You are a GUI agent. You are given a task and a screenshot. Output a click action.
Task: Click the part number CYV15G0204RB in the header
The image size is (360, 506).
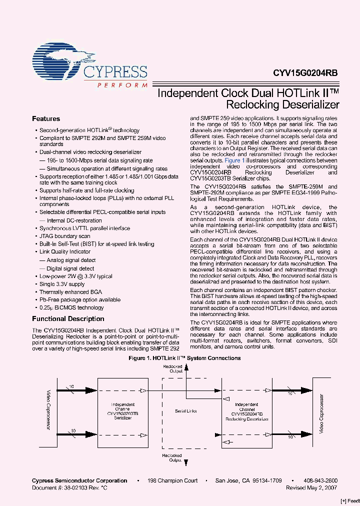click(305, 72)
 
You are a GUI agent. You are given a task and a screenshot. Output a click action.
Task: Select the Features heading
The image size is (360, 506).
click(46, 119)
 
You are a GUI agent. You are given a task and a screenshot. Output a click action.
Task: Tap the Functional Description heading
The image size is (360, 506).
click(68, 319)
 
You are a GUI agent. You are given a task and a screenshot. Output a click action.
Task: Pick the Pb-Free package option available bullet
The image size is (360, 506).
click(79, 300)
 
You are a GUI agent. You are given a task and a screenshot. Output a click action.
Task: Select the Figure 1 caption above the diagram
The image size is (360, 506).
click(184, 358)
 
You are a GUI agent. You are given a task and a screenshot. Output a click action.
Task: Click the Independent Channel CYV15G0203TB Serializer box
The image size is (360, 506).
click(122, 411)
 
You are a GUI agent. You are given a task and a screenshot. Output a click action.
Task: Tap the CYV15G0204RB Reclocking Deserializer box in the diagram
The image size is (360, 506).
click(246, 411)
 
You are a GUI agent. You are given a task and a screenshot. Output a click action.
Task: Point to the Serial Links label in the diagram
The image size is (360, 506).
click(185, 411)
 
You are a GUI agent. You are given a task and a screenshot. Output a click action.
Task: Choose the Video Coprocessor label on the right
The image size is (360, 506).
click(322, 411)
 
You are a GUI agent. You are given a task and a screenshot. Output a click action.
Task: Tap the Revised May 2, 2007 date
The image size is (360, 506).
click(311, 487)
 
